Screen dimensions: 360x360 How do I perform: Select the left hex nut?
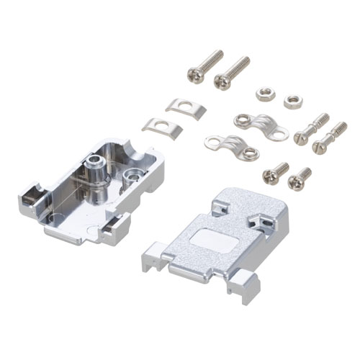point(262,94)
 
